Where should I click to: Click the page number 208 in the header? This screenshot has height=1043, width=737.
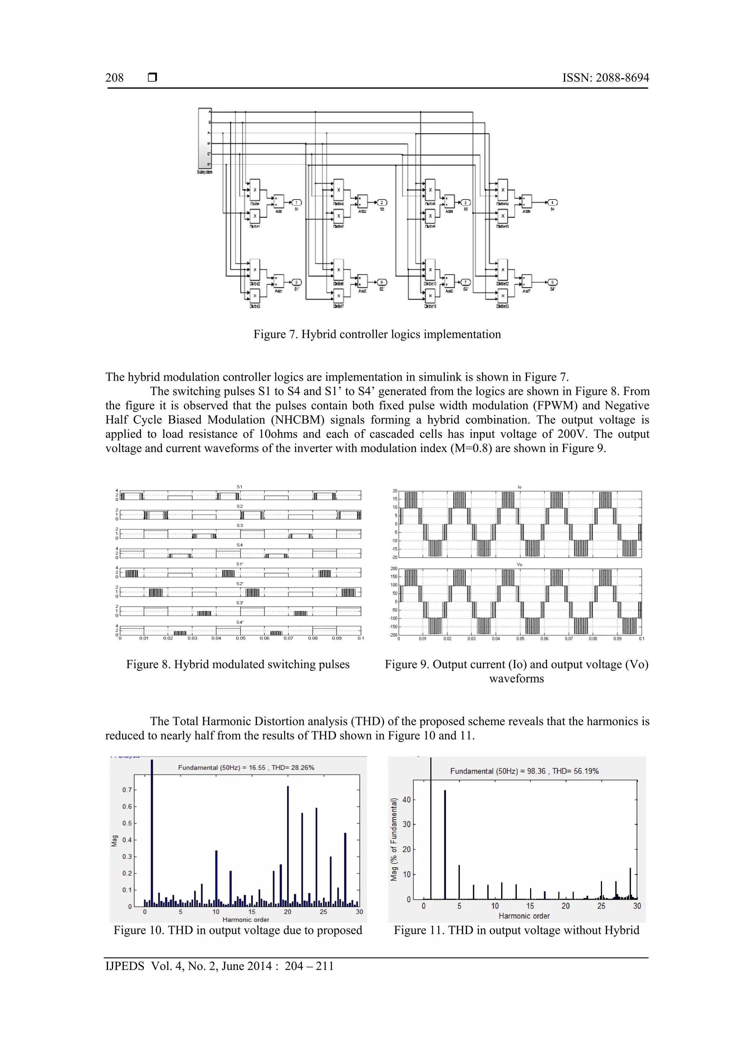114,78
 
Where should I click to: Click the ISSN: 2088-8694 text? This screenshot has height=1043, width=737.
605,78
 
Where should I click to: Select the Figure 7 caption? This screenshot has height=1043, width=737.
377,334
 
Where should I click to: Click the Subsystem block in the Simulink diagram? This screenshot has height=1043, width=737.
205,138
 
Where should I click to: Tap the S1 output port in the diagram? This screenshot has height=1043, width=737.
297,203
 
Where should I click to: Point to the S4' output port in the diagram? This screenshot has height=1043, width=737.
552,282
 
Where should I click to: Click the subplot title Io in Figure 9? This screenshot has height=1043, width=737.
520,487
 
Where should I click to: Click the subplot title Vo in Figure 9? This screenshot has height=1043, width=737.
520,565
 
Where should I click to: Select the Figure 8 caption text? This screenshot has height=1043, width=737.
238,664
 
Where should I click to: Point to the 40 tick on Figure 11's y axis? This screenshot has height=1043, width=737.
406,800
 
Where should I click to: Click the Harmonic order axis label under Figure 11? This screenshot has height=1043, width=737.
524,916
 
